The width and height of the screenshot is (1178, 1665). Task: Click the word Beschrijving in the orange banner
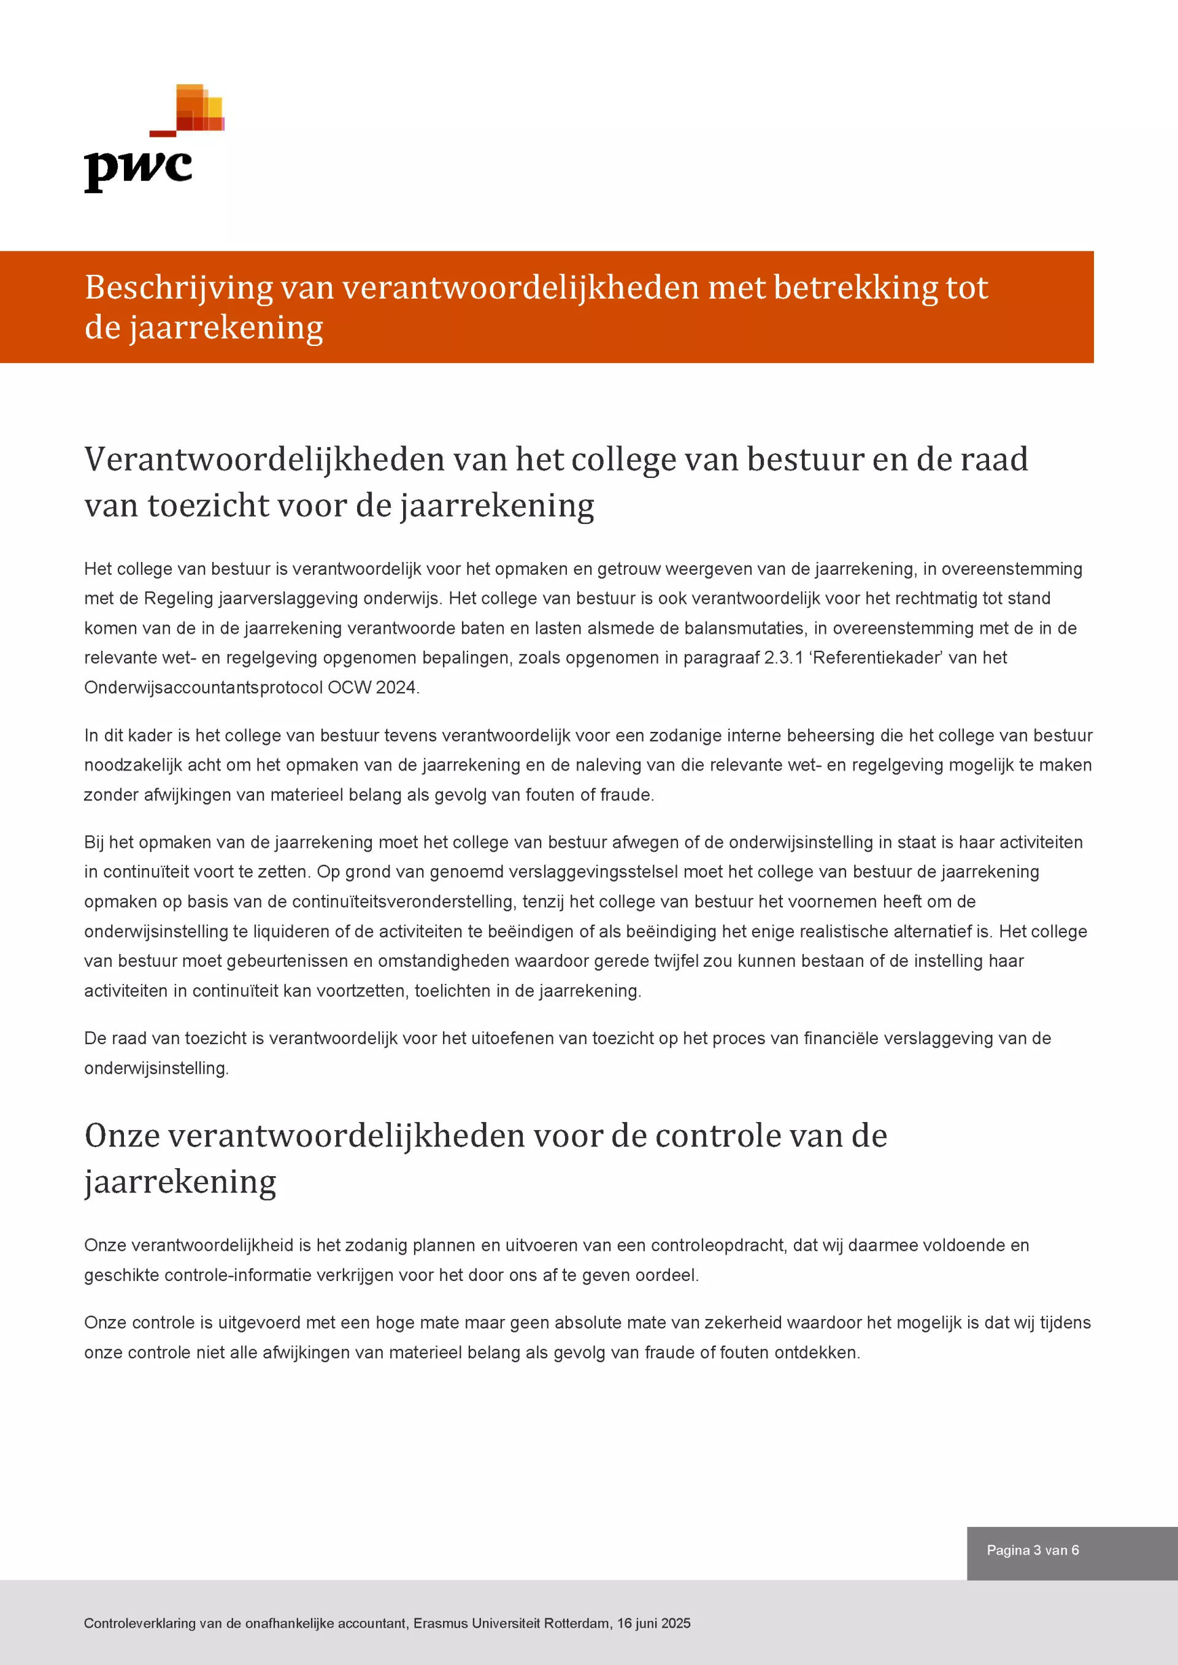coord(179,288)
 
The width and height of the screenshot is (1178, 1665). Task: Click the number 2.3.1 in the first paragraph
coord(783,658)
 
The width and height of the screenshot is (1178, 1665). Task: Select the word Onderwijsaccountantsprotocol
coord(203,688)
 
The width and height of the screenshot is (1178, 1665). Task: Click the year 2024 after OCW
coord(396,688)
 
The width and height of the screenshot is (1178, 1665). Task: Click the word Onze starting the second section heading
coord(122,1136)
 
